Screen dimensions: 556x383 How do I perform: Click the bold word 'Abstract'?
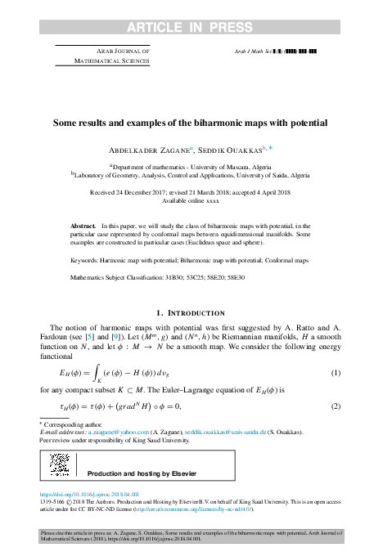tap(83, 224)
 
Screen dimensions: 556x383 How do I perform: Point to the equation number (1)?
tap(335, 374)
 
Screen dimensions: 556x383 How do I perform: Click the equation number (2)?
tap(335, 406)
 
